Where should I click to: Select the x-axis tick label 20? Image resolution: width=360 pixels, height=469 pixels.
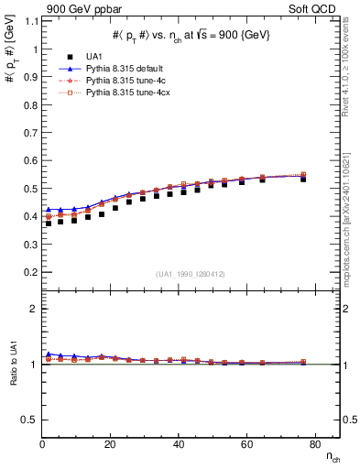(111, 445)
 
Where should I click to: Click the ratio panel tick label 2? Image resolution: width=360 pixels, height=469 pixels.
(32, 310)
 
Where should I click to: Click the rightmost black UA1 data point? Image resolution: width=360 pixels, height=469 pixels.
(303, 179)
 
